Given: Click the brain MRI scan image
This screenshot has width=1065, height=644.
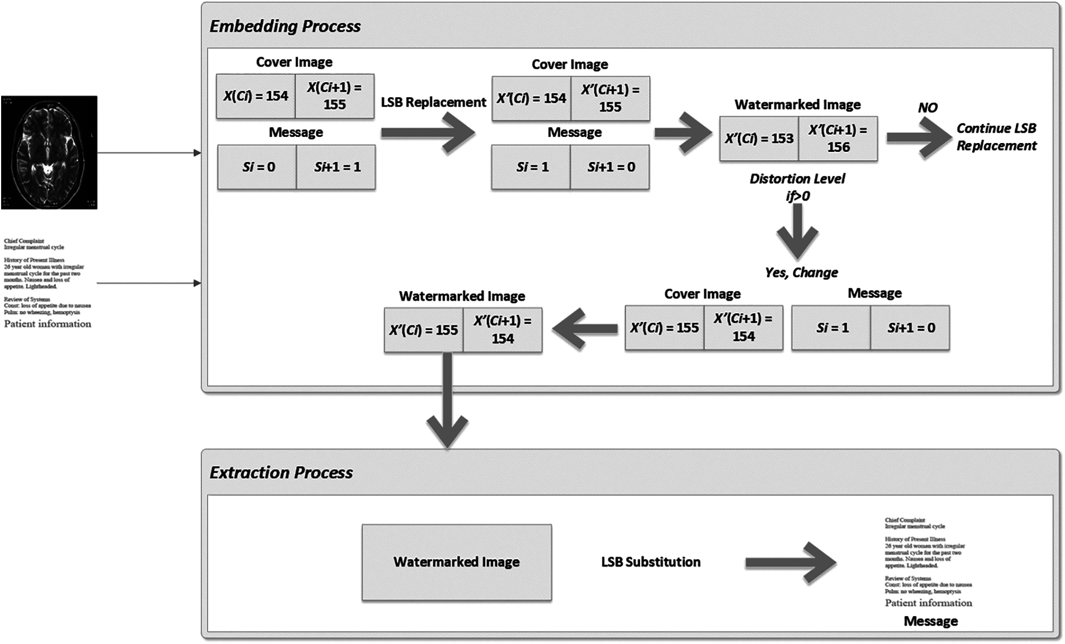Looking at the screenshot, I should pyautogui.click(x=49, y=152).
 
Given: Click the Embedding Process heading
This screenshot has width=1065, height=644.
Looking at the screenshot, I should pyautogui.click(x=285, y=26).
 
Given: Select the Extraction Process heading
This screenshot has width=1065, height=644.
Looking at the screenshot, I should pyautogui.click(x=281, y=473).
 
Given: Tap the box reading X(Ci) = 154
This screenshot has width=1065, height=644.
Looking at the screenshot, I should pyautogui.click(x=255, y=96).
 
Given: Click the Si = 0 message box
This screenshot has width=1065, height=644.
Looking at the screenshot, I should pyautogui.click(x=257, y=167).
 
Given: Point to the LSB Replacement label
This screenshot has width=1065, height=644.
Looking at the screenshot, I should pyautogui.click(x=433, y=102).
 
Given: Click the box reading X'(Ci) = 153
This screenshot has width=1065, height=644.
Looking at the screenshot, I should pyautogui.click(x=759, y=139).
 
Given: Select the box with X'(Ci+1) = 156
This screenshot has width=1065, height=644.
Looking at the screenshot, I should pyautogui.click(x=837, y=139).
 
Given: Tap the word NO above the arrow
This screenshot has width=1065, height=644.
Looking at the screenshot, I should pyautogui.click(x=927, y=108).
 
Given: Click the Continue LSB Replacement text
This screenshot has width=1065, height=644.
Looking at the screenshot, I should pyautogui.click(x=996, y=137).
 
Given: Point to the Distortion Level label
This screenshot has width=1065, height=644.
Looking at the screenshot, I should pyautogui.click(x=797, y=179).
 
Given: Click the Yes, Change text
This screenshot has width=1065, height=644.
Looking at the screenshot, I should pyautogui.click(x=801, y=273).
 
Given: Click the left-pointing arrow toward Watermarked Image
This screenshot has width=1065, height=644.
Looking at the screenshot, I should pyautogui.click(x=584, y=329).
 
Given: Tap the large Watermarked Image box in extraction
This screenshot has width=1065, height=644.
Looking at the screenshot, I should pyautogui.click(x=456, y=562).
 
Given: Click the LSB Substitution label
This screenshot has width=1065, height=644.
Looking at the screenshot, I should pyautogui.click(x=650, y=562).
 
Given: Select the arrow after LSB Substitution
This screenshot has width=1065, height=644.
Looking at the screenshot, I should pyautogui.click(x=791, y=563).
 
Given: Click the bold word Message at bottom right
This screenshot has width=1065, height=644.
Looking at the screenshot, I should pyautogui.click(x=930, y=621).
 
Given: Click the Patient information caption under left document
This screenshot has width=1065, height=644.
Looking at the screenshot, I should pyautogui.click(x=48, y=324).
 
